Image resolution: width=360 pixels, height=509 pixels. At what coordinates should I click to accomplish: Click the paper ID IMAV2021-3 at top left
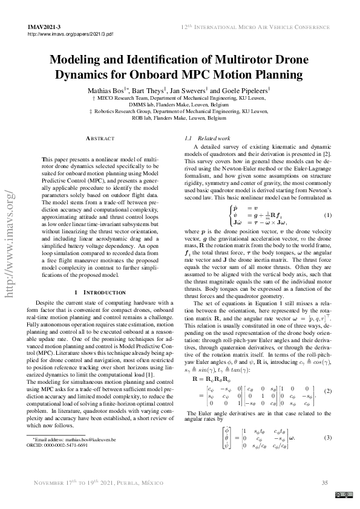pyautogui.click(x=44, y=28)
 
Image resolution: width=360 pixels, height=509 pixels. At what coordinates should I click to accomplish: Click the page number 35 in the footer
pyautogui.click(x=324, y=482)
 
